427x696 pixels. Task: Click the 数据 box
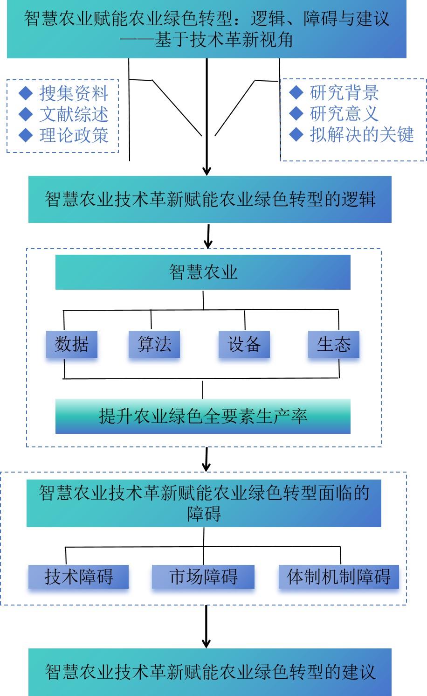pyautogui.click(x=71, y=344)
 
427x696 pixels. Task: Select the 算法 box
pyautogui.click(x=154, y=344)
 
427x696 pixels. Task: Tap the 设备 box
pyautogui.click(x=244, y=344)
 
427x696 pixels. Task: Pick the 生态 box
pyautogui.click(x=333, y=344)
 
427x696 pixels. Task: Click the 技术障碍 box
pyautogui.click(x=78, y=577)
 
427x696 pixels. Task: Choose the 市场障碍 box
pyautogui.click(x=203, y=577)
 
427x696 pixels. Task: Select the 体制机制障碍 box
pyautogui.click(x=338, y=577)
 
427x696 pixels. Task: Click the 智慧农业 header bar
pyautogui.click(x=203, y=272)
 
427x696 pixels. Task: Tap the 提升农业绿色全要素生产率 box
pyautogui.click(x=203, y=416)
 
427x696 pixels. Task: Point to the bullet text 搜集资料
pyautogui.click(x=74, y=93)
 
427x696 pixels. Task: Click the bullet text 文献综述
pyautogui.click(x=74, y=114)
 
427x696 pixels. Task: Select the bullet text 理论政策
pyautogui.click(x=74, y=135)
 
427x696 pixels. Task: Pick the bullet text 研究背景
pyautogui.click(x=344, y=93)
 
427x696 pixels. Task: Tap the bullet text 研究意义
pyautogui.click(x=344, y=113)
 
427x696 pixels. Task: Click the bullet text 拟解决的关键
pyautogui.click(x=362, y=135)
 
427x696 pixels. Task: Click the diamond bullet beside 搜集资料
pyautogui.click(x=25, y=93)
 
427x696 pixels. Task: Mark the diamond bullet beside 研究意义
pyautogui.click(x=296, y=113)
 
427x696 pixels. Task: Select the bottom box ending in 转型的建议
pyautogui.click(x=210, y=672)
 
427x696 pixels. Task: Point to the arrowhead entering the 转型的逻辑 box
pyautogui.click(x=207, y=171)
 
